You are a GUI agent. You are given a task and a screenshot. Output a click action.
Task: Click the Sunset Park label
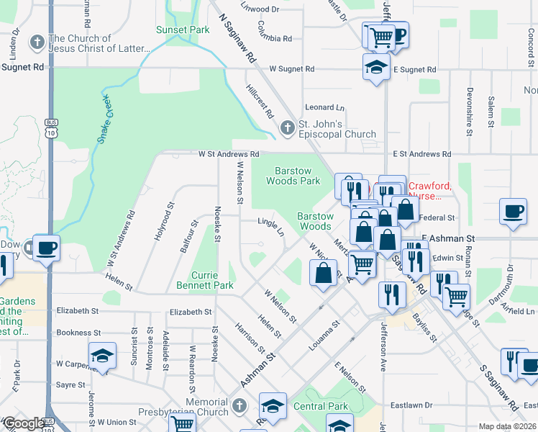coord(183,30)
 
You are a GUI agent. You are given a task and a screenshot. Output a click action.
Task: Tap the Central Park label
coord(322,407)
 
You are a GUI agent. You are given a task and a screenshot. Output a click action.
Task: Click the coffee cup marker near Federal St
coord(513,211)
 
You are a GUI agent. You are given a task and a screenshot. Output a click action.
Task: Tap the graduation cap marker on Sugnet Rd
coord(376,66)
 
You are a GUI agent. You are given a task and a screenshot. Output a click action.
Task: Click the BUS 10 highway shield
coord(50,127)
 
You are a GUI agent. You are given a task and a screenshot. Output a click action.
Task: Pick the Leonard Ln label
coord(324,107)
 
